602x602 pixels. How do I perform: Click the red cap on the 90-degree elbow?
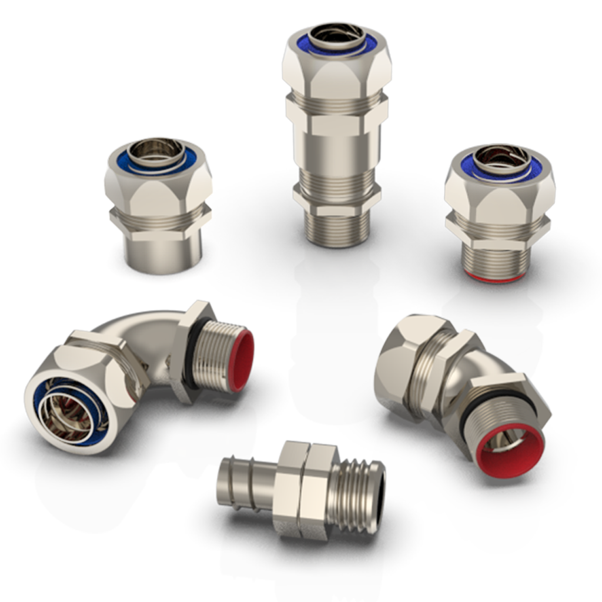[242, 360]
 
